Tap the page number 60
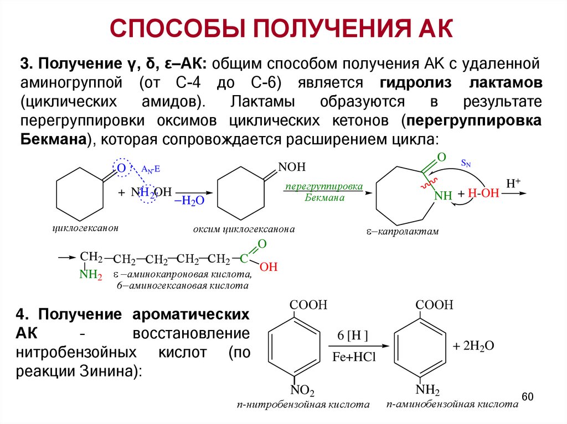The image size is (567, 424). tap(527, 397)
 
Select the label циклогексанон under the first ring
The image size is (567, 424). tap(85, 228)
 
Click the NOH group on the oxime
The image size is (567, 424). tap(291, 167)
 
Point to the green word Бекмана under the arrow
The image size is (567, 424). tap(324, 197)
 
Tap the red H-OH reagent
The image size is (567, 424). tap(483, 193)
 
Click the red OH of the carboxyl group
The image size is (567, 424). tap(269, 267)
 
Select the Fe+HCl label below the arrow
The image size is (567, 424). tap(354, 357)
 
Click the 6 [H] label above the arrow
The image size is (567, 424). tap(353, 337)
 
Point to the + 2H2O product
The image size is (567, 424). tap(473, 346)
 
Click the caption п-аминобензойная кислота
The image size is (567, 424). tap(453, 404)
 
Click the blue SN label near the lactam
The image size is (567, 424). tap(467, 163)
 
